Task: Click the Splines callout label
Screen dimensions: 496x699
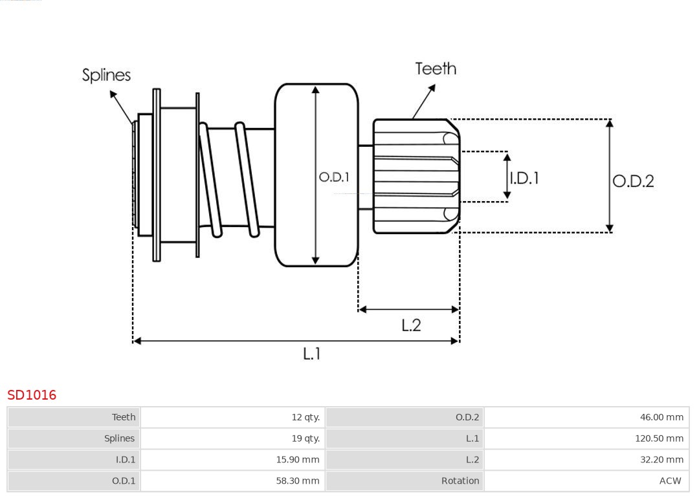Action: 106,75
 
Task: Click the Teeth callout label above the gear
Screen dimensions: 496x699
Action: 436,69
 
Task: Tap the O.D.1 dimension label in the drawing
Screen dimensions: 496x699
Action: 334,177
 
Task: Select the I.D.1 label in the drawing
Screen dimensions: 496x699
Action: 524,178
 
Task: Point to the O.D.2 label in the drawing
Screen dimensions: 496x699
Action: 633,181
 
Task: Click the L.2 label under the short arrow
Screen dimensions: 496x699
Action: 411,325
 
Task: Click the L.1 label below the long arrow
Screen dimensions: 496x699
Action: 312,354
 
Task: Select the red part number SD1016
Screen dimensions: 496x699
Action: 32,395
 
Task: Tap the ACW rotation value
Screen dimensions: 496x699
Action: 670,481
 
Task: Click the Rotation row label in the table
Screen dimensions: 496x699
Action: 460,481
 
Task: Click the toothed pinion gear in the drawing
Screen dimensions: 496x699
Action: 414,176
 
